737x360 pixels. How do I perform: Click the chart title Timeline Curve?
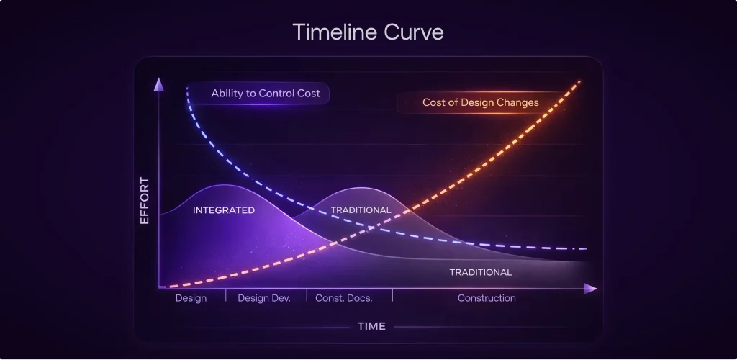pos(368,32)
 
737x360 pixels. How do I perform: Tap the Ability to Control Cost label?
pos(266,94)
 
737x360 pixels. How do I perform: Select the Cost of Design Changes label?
pos(480,102)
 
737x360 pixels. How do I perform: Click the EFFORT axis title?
pos(144,200)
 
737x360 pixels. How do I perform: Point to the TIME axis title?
pos(371,326)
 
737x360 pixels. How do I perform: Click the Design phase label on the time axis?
pos(191,298)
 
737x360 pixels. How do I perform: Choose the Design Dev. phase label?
pos(264,298)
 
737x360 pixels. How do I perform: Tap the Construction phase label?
pos(487,298)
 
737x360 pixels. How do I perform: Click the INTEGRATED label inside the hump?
pos(224,210)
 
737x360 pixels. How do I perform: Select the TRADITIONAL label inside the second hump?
pos(361,210)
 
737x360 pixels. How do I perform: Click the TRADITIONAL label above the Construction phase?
pos(481,272)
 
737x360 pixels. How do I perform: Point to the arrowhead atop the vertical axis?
pos(158,84)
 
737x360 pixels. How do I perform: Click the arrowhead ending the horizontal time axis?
pos(591,289)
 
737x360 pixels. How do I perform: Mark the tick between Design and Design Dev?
pos(226,294)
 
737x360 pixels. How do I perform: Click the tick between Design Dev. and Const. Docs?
pos(307,294)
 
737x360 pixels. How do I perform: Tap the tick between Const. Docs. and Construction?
pos(392,294)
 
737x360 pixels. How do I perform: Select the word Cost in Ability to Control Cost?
pos(308,94)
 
